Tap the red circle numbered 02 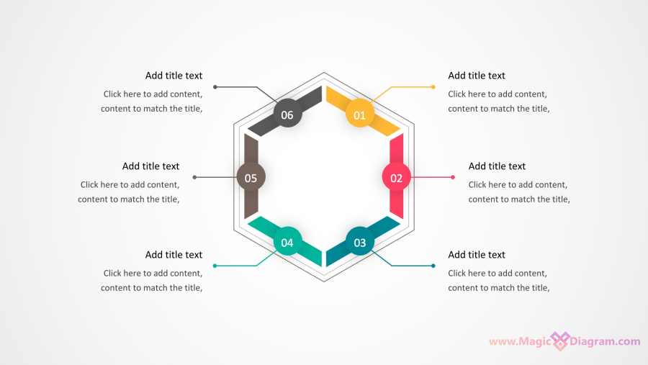click(396, 177)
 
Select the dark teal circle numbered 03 click(360, 241)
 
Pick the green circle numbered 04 click(287, 241)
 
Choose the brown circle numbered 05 click(251, 177)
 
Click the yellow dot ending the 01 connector click(433, 87)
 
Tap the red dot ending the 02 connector click(453, 177)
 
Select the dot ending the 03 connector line click(433, 266)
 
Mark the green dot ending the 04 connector click(215, 266)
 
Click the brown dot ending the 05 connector click(194, 177)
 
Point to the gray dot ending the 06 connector click(215, 87)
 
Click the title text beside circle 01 click(477, 76)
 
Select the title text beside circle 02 click(497, 166)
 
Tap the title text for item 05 click(151, 166)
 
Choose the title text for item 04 click(174, 255)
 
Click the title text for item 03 click(477, 255)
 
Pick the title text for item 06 click(174, 76)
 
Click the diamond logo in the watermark click(560, 341)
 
